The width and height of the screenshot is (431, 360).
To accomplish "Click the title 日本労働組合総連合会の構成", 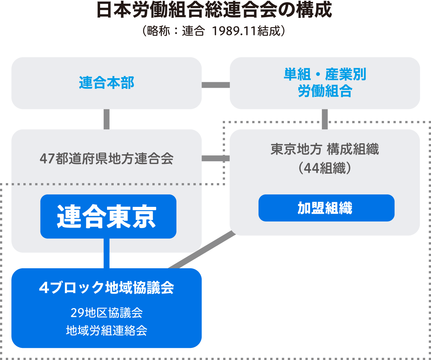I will [215, 11].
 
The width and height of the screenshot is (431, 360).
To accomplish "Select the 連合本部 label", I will [107, 83].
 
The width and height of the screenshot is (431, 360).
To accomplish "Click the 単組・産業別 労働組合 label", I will [325, 83].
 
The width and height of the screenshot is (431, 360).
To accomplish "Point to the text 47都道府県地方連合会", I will [106, 159].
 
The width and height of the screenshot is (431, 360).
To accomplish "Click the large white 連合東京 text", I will [107, 216].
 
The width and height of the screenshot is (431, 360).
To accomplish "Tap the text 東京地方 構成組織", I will [325, 149].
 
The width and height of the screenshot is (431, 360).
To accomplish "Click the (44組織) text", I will [325, 168].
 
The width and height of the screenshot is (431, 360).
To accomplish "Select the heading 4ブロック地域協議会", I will [106, 288].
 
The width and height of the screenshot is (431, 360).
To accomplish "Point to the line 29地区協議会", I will [106, 313].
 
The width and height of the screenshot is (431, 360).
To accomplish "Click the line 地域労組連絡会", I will [106, 331].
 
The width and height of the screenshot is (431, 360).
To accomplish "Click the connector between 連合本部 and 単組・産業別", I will [215, 85].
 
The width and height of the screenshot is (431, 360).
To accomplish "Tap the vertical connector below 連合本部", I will [106, 119].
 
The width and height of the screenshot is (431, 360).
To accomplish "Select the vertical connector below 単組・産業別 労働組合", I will [325, 119].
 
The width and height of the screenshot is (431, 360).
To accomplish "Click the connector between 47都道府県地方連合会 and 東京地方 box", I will [215, 159].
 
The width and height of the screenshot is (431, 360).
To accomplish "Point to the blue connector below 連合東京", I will [106, 254].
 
